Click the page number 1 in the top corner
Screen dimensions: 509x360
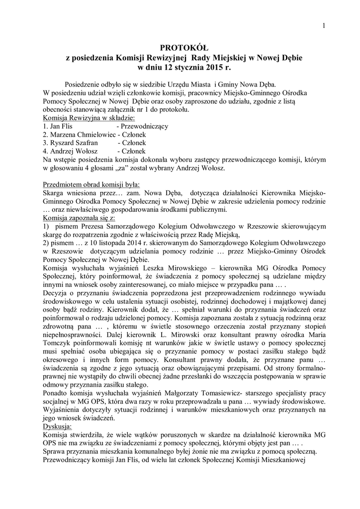(323, 26)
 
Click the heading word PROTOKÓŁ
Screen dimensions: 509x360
(180, 48)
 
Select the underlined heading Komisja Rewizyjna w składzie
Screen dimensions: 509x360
(89, 118)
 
